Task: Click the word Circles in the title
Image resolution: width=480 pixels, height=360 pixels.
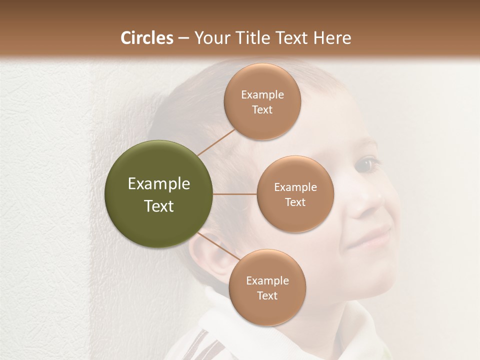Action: (x=146, y=38)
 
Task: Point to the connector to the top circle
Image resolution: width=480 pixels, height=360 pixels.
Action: (x=216, y=142)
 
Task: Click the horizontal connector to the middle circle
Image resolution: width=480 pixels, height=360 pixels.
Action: (x=235, y=194)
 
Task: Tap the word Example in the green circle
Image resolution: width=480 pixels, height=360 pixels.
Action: (x=159, y=184)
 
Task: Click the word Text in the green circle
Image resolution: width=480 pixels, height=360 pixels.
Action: (x=159, y=206)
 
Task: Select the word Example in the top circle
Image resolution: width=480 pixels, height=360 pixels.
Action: (x=262, y=95)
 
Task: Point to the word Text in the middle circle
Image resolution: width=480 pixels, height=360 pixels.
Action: (x=295, y=202)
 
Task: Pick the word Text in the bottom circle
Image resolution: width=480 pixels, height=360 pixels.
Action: (x=267, y=296)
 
